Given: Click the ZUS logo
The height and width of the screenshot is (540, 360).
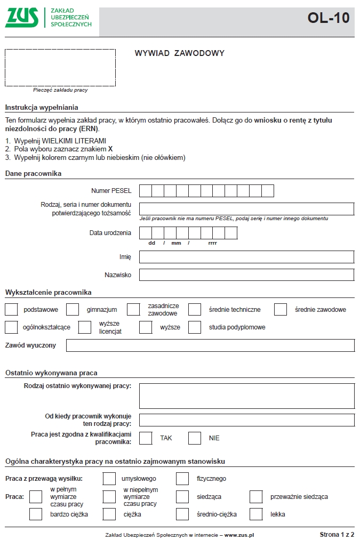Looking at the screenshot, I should (22, 18).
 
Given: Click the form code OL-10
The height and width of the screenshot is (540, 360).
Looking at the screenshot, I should (328, 18).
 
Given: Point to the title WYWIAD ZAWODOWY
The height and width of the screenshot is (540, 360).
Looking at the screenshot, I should (180, 53).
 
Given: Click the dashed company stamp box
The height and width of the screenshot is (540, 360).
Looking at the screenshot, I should (60, 68).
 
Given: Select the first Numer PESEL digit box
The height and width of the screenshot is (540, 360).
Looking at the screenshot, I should (146, 191).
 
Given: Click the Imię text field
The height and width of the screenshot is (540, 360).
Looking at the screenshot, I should (246, 257).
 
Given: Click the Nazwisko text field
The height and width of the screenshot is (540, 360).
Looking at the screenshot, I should (246, 275).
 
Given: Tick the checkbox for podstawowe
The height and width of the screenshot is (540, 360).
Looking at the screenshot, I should (11, 309).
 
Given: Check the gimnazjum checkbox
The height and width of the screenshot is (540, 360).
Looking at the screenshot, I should (73, 309).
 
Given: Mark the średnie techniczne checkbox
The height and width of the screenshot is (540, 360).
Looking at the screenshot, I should (195, 309).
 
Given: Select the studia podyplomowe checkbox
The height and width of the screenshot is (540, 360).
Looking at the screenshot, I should (195, 327).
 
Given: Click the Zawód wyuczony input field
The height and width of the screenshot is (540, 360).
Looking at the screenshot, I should (210, 345).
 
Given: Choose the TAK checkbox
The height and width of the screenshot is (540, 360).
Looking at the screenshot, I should (146, 438).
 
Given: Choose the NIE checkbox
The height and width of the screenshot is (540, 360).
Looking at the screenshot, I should (195, 438).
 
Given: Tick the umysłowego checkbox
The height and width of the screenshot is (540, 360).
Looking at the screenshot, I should (109, 479).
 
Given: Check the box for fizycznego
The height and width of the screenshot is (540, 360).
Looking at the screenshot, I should (182, 479).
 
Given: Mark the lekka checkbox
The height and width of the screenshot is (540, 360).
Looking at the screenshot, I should (256, 514).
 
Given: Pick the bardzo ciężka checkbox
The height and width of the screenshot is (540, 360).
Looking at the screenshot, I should (36, 514).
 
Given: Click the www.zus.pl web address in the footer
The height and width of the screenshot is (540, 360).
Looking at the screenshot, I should (239, 534).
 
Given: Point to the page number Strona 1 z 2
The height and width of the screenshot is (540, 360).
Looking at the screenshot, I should (337, 534).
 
